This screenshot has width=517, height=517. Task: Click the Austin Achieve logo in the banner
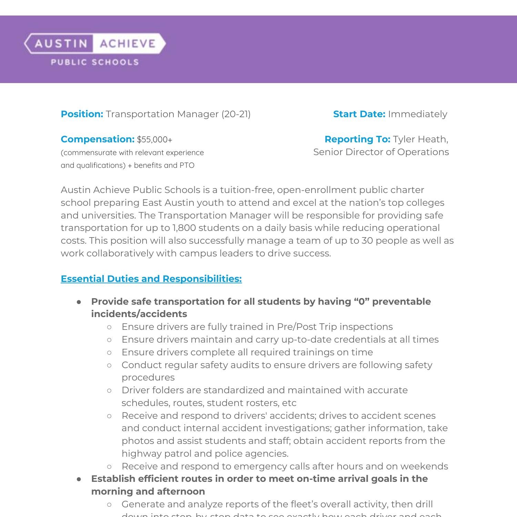[95, 43]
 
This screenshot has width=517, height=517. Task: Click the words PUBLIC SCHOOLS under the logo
[95, 62]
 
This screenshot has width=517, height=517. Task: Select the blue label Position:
[82, 114]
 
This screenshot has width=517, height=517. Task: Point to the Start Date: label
[359, 114]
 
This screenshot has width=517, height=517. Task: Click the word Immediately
[417, 114]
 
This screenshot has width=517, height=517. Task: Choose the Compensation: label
[98, 139]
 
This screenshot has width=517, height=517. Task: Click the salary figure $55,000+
[154, 140]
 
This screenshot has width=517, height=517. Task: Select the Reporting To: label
[357, 139]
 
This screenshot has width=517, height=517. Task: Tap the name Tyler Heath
[420, 139]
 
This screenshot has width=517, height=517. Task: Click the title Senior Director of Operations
[381, 152]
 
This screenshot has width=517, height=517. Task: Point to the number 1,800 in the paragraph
[184, 228]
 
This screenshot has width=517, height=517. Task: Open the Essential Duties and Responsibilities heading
[151, 279]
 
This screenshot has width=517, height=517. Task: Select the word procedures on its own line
[148, 377]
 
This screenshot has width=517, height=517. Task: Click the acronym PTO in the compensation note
[187, 165]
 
